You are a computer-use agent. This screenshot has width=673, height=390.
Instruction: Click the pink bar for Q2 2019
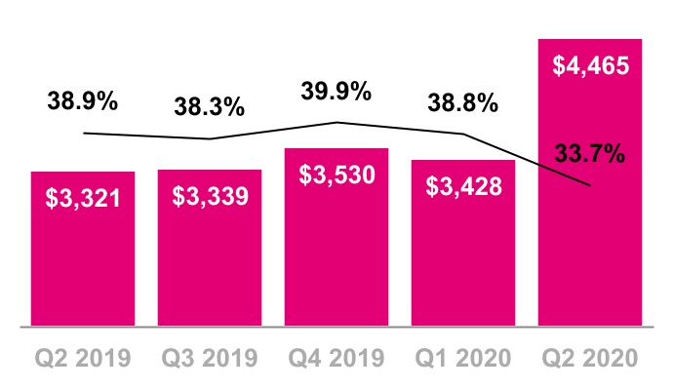(x=83, y=249)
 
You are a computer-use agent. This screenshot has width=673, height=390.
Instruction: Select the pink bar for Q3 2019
(x=210, y=248)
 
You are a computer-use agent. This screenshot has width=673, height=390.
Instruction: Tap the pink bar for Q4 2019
(x=336, y=237)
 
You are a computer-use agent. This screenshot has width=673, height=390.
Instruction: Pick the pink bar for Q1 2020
(x=463, y=243)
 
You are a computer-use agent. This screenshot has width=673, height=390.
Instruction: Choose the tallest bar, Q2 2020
(x=590, y=182)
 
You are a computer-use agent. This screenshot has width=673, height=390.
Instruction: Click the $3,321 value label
(x=83, y=199)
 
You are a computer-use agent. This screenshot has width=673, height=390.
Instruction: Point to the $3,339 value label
(x=210, y=197)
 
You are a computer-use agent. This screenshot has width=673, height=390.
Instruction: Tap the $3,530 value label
(x=336, y=175)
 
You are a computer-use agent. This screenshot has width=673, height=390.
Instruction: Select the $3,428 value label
(x=463, y=186)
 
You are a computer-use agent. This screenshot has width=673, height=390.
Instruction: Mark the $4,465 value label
(x=591, y=66)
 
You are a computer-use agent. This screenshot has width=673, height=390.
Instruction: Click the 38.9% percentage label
(x=82, y=101)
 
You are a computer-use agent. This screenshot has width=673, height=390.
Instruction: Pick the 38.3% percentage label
(x=210, y=106)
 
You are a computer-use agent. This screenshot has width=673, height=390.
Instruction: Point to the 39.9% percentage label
(x=336, y=92)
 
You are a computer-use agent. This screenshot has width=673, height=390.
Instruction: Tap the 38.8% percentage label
(x=462, y=103)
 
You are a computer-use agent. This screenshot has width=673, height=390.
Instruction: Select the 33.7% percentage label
(x=590, y=154)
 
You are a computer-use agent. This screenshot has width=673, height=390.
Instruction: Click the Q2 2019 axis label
(x=83, y=358)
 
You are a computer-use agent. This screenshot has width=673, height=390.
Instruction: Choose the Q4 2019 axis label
(x=336, y=358)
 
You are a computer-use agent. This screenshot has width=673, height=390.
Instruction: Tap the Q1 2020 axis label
(x=463, y=358)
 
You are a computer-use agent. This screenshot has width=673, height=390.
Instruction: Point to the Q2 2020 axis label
(x=590, y=358)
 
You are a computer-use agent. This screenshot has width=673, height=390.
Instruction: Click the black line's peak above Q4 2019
(x=336, y=123)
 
